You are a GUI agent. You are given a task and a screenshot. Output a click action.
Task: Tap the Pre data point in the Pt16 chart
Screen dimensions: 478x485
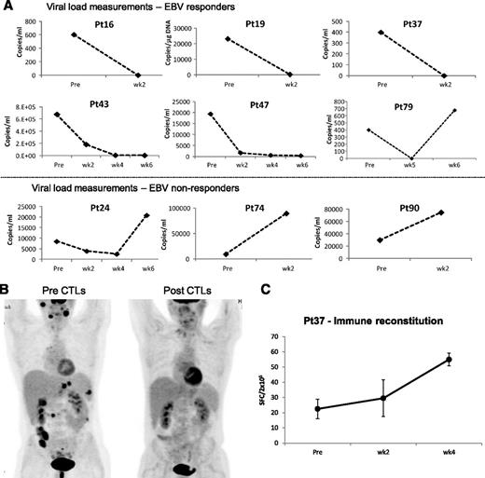click(x=73, y=35)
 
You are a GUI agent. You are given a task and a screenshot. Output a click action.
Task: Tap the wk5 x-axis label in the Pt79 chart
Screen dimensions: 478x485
click(x=409, y=167)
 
